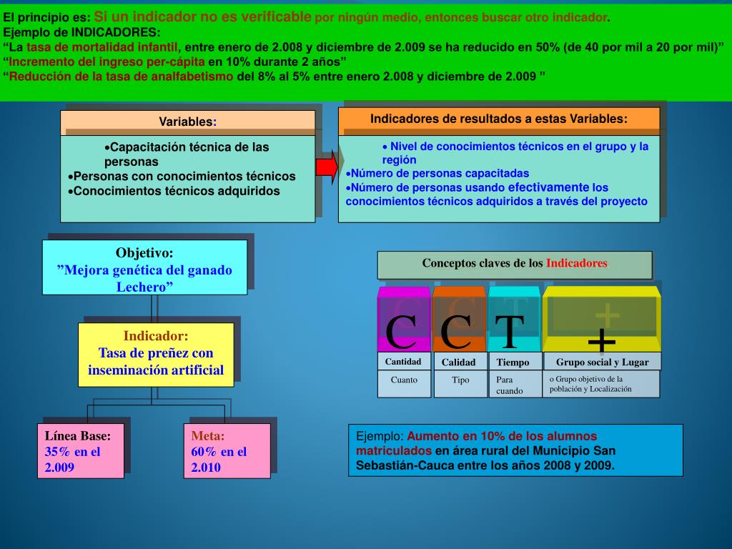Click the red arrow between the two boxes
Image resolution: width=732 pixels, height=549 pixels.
tap(326, 166)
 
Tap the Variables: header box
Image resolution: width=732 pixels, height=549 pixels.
tap(187, 122)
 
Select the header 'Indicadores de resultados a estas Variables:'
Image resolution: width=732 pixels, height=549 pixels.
tap(498, 119)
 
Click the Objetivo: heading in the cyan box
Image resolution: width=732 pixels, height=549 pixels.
tap(144, 253)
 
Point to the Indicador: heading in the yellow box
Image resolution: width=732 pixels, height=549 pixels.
tap(156, 336)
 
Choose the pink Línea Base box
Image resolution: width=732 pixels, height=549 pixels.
tap(80, 451)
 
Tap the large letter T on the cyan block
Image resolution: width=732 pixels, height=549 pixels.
tap(509, 331)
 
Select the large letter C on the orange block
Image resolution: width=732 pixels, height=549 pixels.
tap(455, 331)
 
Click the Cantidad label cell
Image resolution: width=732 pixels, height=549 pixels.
tap(403, 362)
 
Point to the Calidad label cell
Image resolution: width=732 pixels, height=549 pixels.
tap(458, 362)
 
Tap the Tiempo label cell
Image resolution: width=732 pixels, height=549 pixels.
tap(513, 362)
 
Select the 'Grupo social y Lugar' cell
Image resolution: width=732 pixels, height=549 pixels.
tap(602, 362)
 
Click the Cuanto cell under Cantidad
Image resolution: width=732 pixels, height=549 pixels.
tap(404, 380)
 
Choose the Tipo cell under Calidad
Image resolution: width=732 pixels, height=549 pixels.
tap(460, 380)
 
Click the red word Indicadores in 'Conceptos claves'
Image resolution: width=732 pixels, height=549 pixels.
tap(577, 263)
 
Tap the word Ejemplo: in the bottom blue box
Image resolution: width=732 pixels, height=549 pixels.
tap(380, 436)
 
